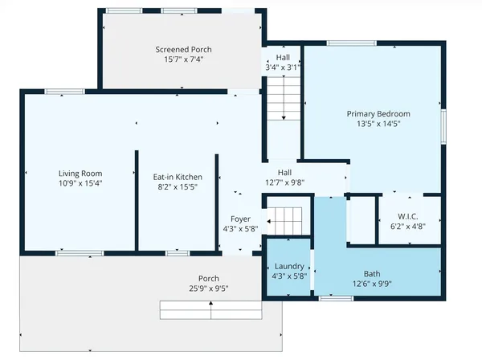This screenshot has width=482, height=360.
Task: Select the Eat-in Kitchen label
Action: point(178,177)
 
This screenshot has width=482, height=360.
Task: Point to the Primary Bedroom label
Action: point(378,113)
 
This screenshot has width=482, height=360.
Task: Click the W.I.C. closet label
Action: point(409,216)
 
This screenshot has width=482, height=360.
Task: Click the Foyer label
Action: point(240,219)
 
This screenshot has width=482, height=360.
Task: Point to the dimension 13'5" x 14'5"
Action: point(378,124)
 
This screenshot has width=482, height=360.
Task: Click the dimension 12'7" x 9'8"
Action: point(285,182)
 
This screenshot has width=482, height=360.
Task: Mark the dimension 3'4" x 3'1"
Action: point(283,67)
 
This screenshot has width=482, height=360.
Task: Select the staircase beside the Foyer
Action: point(284,218)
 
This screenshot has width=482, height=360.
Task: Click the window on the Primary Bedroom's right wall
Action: point(443,129)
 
